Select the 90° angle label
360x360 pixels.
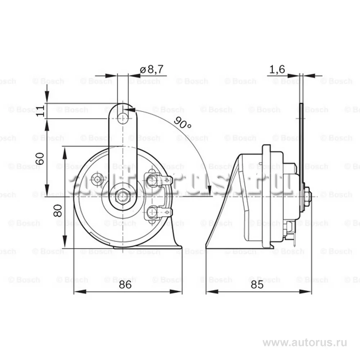182,123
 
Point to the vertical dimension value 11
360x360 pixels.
41,111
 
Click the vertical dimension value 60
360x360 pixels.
40,158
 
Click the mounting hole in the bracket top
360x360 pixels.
123,118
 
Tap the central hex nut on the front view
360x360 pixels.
123,197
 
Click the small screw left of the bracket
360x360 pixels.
97,179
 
